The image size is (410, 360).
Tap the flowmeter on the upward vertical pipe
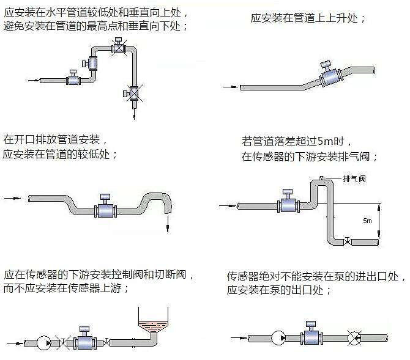(x=94, y=62)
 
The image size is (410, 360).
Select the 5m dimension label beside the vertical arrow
(x=367, y=221)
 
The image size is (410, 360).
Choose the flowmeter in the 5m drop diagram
(x=287, y=204)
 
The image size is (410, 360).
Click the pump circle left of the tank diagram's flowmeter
(x=45, y=343)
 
